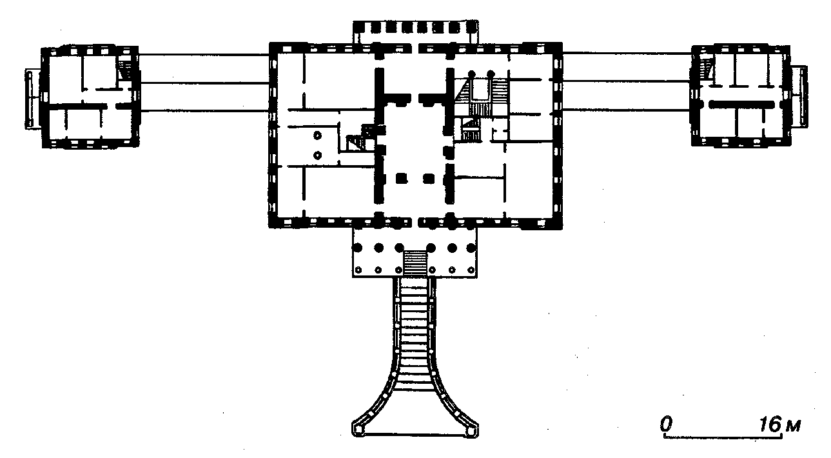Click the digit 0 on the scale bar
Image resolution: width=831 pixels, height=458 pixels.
[x=667, y=424]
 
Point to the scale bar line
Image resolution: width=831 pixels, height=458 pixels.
[x=723, y=437]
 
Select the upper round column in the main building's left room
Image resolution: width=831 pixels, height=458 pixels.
[x=317, y=135]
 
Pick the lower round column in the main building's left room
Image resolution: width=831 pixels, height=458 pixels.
[x=317, y=155]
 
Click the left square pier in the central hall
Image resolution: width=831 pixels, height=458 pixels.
[x=401, y=179]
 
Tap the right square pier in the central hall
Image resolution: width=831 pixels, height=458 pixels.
[x=429, y=179]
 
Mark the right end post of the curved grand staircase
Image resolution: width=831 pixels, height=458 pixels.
[x=471, y=431]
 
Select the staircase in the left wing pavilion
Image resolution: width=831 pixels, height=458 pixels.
[x=124, y=70]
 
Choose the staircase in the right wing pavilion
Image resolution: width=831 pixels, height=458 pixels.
[x=705, y=68]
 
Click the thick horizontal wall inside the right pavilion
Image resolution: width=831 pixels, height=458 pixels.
[x=741, y=105]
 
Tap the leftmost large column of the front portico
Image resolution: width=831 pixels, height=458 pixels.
[x=358, y=248]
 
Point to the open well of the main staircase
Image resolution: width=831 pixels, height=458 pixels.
[x=480, y=89]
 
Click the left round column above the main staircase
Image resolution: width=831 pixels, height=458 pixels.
[x=472, y=74]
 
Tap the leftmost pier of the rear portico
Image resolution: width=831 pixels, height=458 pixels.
[x=359, y=27]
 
